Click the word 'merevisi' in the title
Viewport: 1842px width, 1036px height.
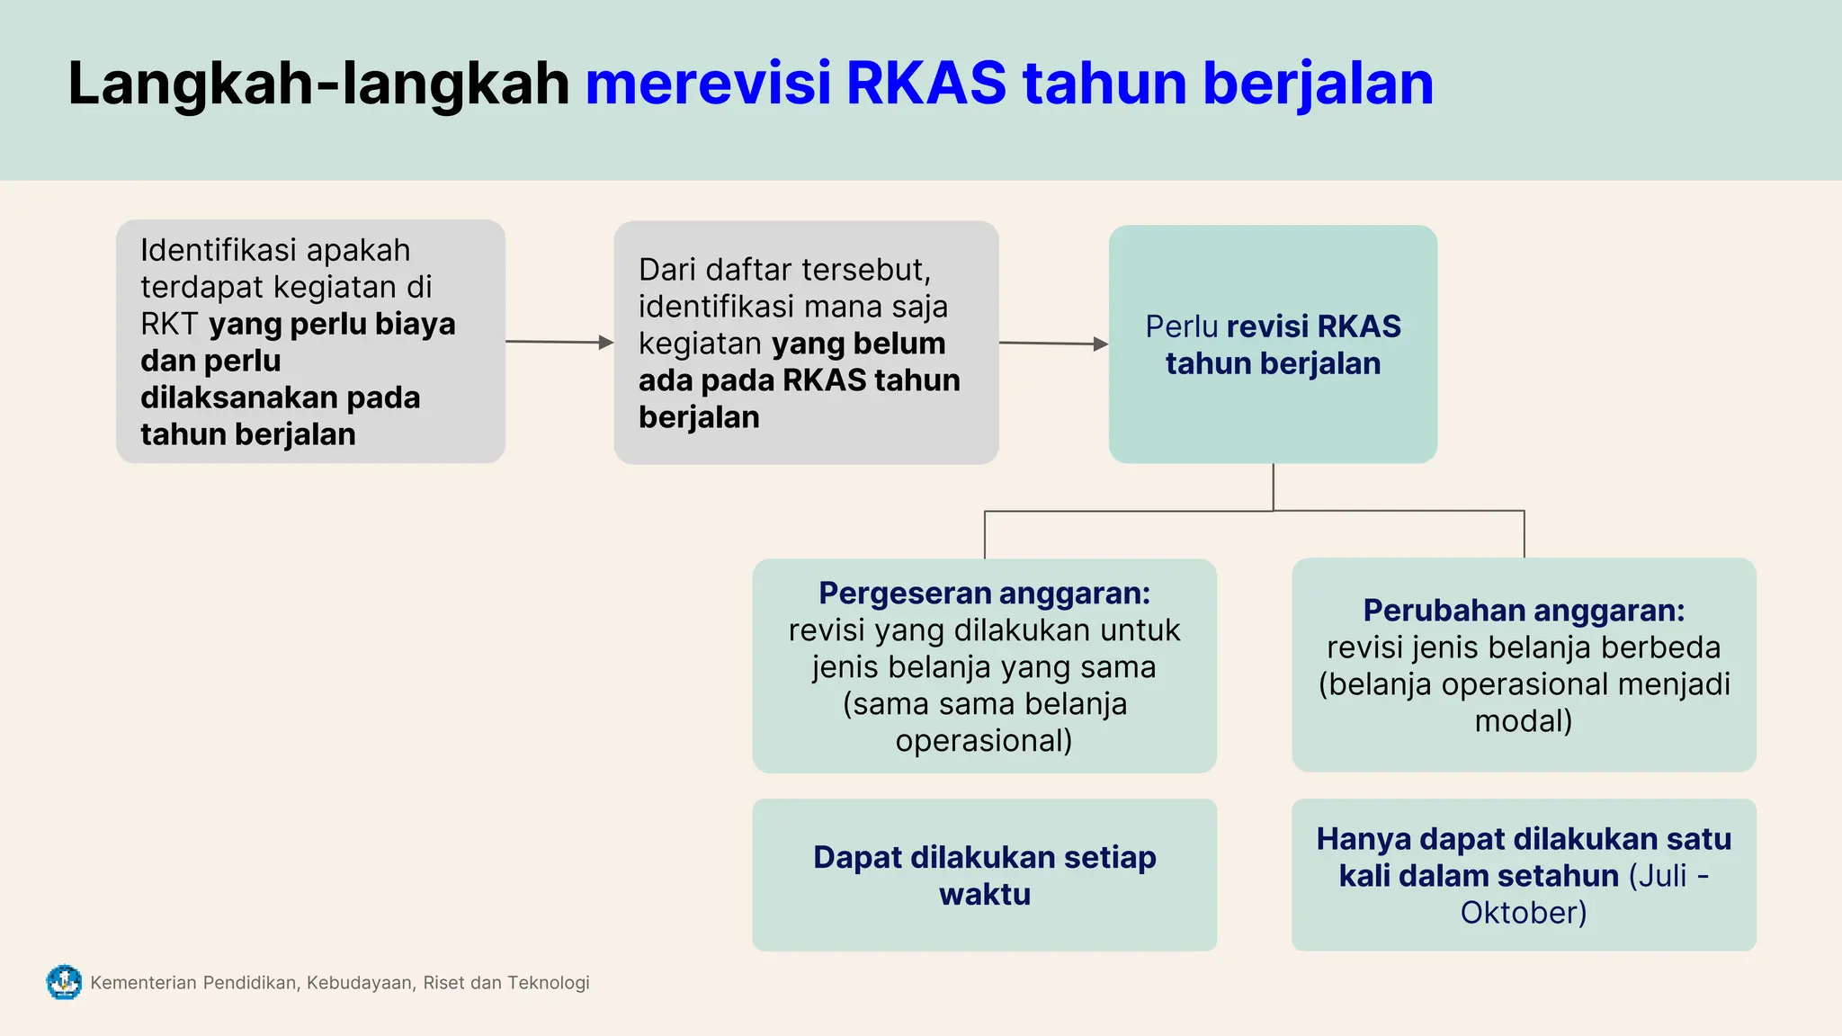[708, 84]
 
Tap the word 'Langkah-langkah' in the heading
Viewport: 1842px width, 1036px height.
[318, 84]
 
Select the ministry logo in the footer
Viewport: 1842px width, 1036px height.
[64, 982]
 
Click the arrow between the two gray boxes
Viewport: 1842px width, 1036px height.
[559, 342]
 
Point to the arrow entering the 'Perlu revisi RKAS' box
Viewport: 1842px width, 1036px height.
[1053, 344]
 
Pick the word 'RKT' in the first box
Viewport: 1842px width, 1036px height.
[169, 324]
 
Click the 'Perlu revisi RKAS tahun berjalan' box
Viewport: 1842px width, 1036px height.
[1273, 344]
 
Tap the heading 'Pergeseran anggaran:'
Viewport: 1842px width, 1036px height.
[984, 594]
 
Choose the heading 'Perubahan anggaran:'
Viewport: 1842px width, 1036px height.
[1524, 611]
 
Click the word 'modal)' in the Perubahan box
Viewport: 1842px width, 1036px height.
[1524, 721]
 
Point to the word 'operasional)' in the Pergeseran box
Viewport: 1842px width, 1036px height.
[984, 741]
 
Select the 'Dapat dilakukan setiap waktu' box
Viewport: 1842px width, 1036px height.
[984, 875]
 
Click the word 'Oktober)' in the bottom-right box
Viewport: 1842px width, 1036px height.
[1524, 913]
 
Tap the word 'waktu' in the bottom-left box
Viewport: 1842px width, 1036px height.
[985, 895]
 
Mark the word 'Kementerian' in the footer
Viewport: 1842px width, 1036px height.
[143, 983]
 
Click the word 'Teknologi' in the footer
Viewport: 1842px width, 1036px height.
[549, 983]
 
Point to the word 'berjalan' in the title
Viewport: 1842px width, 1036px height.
[1318, 84]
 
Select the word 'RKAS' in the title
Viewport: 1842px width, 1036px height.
[926, 84]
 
